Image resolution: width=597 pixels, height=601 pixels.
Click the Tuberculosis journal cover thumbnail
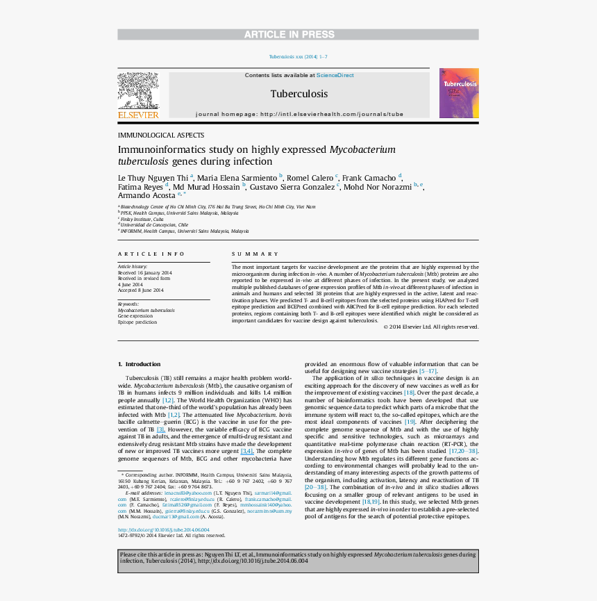point(459,93)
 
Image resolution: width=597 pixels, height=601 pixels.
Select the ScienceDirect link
point(335,75)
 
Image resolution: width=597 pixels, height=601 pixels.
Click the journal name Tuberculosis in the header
point(298,94)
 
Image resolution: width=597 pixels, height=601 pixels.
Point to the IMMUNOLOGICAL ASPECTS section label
point(161,135)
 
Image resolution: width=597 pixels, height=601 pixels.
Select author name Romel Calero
point(310,178)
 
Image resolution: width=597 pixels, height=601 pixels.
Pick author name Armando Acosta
point(146,196)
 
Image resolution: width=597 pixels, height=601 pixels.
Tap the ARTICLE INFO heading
point(151,254)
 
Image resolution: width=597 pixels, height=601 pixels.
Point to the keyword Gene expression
point(135,316)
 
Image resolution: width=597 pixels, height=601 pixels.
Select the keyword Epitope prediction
point(137,322)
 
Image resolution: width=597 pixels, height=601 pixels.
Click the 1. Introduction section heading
point(139,364)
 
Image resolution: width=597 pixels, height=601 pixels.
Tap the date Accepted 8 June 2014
point(141,290)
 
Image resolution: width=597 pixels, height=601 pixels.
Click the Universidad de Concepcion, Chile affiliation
point(153,225)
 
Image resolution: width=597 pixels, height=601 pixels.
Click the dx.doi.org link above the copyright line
point(164,529)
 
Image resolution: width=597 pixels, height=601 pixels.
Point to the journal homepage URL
point(299,114)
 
